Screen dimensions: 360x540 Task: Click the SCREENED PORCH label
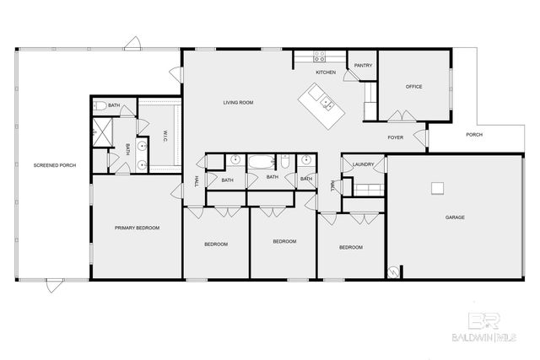[55, 165]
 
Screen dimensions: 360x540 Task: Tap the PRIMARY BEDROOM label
[138, 228]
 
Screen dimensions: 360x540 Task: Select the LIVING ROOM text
[238, 103]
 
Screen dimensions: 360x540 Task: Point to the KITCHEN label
[327, 73]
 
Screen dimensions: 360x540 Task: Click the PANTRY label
[364, 65]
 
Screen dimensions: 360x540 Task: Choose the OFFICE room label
[413, 87]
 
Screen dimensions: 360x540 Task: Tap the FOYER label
[396, 137]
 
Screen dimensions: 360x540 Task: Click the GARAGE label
[455, 218]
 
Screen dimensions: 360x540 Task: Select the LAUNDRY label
[364, 164]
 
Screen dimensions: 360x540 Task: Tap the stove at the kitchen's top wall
[321, 57]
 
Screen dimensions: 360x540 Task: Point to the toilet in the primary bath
[100, 105]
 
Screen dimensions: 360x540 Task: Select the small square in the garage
[437, 187]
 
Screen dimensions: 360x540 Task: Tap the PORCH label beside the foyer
[474, 136]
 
